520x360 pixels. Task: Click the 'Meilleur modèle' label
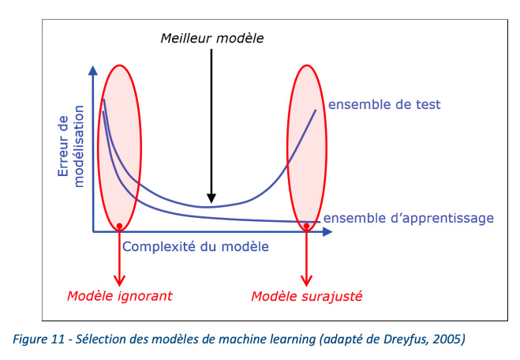(212, 38)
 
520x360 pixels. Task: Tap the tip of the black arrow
(211, 203)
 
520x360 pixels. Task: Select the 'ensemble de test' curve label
(384, 104)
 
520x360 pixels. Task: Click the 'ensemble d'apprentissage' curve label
(409, 219)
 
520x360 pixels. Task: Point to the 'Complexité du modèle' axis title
(196, 246)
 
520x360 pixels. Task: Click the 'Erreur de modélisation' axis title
(71, 146)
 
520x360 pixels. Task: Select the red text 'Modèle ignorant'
(120, 296)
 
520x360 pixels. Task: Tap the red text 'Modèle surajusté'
(307, 296)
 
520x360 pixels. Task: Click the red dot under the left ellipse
(119, 226)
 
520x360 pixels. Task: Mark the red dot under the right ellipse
(306, 226)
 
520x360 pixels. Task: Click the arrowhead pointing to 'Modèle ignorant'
(119, 281)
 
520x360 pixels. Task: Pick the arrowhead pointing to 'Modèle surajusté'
(306, 281)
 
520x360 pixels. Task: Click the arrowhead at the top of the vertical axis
(93, 70)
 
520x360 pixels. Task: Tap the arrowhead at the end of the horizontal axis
(327, 231)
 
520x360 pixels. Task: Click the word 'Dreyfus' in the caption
(406, 339)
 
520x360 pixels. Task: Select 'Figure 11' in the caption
(39, 339)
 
